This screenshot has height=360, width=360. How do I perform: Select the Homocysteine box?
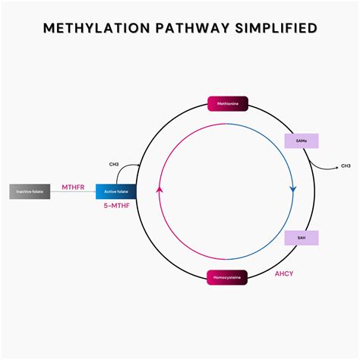[226, 277]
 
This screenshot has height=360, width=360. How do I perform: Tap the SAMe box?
[302, 141]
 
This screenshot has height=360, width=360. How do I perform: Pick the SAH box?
[302, 238]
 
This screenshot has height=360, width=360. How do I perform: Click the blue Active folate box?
[115, 191]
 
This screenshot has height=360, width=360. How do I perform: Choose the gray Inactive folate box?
[30, 191]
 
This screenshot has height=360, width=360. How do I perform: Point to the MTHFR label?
[73, 185]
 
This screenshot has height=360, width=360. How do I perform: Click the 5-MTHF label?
[115, 206]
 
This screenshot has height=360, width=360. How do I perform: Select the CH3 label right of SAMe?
[346, 166]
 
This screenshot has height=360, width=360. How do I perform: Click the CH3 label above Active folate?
[114, 163]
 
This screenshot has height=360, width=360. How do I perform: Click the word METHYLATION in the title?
[90, 29]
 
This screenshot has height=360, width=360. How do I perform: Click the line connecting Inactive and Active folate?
[73, 192]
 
